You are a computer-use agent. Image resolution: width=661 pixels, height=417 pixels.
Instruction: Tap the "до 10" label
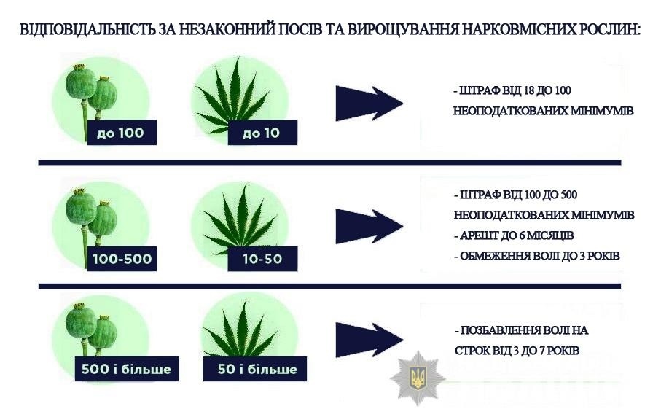[x=262, y=133]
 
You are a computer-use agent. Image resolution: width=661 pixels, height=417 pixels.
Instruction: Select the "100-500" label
[x=121, y=260]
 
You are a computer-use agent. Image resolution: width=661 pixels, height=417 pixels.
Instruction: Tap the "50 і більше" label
[x=257, y=369]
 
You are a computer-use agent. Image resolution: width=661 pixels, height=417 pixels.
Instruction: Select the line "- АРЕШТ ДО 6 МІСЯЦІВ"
[x=513, y=236]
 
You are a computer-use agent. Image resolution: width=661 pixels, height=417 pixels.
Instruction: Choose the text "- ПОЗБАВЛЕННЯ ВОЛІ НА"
[x=520, y=330]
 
